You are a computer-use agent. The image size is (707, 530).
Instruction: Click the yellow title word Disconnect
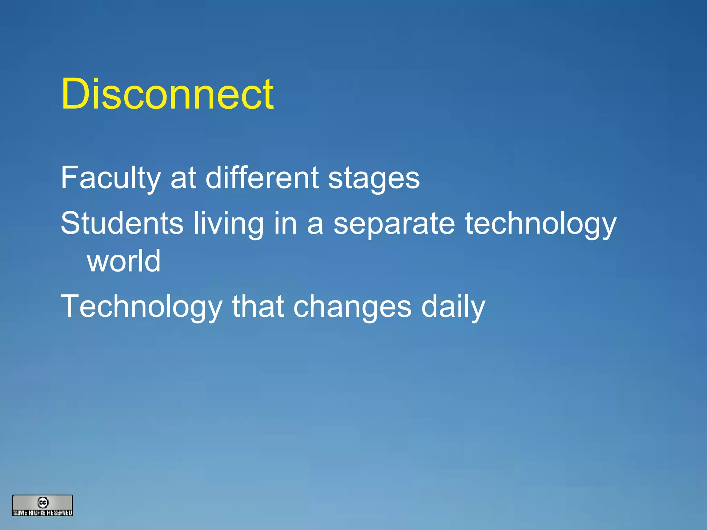(167, 94)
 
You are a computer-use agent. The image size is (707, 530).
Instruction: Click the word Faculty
(110, 178)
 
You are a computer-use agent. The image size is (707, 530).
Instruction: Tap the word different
(262, 178)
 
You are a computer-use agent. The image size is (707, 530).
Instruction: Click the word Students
(122, 224)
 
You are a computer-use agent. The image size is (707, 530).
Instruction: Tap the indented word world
(124, 261)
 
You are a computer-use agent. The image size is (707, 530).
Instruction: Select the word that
(258, 306)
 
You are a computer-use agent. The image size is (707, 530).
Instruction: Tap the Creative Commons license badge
(42, 506)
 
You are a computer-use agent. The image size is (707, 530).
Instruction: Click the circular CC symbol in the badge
(43, 502)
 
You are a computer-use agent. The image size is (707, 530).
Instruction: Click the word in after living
(285, 224)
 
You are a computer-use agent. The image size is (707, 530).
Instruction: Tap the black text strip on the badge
(42, 513)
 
